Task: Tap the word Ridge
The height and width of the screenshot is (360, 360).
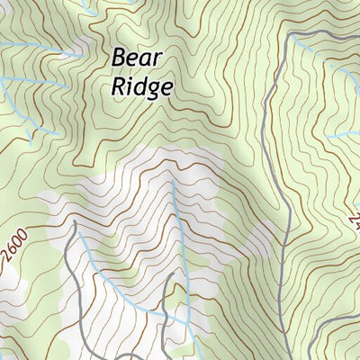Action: [140, 87]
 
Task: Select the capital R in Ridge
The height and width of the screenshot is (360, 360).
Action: [119, 86]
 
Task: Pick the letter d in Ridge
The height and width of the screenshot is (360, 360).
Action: [137, 86]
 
